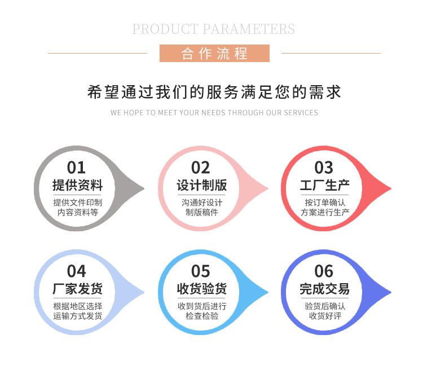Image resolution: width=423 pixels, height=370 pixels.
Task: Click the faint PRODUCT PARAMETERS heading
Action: coord(213,29)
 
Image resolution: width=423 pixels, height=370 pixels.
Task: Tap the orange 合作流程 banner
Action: coord(214,54)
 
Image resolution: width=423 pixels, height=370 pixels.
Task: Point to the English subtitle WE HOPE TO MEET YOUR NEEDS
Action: coord(214,113)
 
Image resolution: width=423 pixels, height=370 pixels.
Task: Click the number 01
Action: coord(77,168)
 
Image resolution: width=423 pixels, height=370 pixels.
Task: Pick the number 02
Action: coord(201,168)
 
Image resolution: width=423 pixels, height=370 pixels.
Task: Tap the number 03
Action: coord(324,168)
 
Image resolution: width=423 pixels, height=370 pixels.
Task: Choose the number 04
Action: coord(77,271)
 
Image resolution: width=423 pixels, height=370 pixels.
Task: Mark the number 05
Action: coord(201,271)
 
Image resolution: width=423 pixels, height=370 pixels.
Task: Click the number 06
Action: coord(324,271)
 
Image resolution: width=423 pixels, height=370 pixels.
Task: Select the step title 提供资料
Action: coord(77,186)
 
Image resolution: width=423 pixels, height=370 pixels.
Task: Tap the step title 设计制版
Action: coord(201,186)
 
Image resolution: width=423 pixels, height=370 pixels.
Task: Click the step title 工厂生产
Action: coord(324,186)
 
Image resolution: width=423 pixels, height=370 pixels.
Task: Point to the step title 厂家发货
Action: coord(77,289)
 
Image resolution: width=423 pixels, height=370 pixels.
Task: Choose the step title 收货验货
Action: coord(201,289)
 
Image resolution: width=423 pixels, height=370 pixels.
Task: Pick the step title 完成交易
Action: coord(324,289)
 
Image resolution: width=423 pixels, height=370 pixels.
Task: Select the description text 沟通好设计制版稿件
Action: coord(201,208)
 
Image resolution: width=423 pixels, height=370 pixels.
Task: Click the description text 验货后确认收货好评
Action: coord(325,311)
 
